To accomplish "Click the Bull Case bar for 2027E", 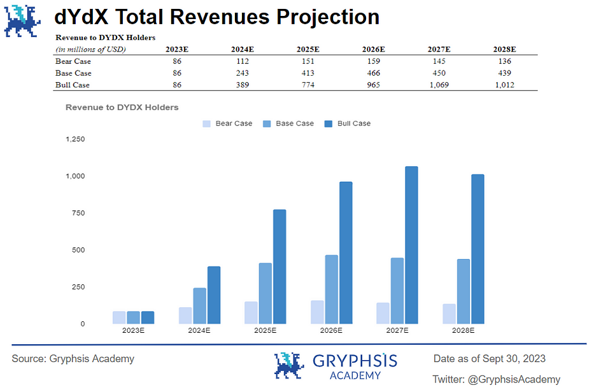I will [411, 245].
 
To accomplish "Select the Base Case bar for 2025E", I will [265, 293].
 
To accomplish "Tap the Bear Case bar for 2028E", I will [449, 314].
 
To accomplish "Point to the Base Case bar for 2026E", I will [331, 289].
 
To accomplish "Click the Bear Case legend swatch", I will [207, 123].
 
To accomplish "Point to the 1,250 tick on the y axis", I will [75, 139].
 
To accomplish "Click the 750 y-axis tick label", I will [77, 213].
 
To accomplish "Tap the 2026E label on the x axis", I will [331, 331].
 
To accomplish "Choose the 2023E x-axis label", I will [133, 331].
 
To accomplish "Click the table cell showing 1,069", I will [439, 85].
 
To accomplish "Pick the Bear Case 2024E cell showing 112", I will [240, 61].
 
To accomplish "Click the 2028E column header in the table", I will [504, 49].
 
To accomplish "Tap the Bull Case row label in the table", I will [73, 85].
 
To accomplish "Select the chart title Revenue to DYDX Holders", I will [122, 108].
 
